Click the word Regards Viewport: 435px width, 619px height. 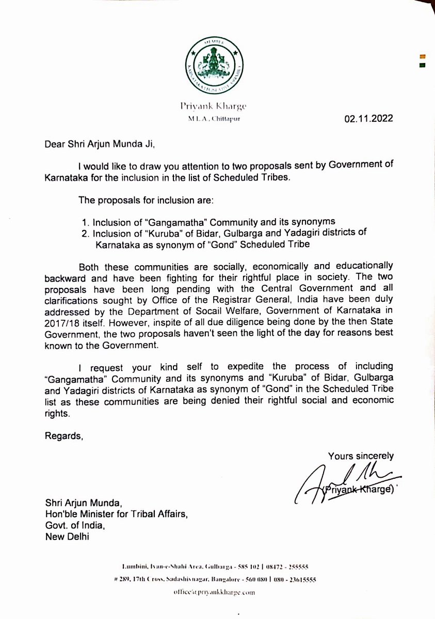coord(62,436)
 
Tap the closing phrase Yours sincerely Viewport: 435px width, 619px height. coord(361,455)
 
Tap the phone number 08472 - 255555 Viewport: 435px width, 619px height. coord(293,567)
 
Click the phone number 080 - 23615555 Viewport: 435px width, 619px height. coord(292,579)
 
